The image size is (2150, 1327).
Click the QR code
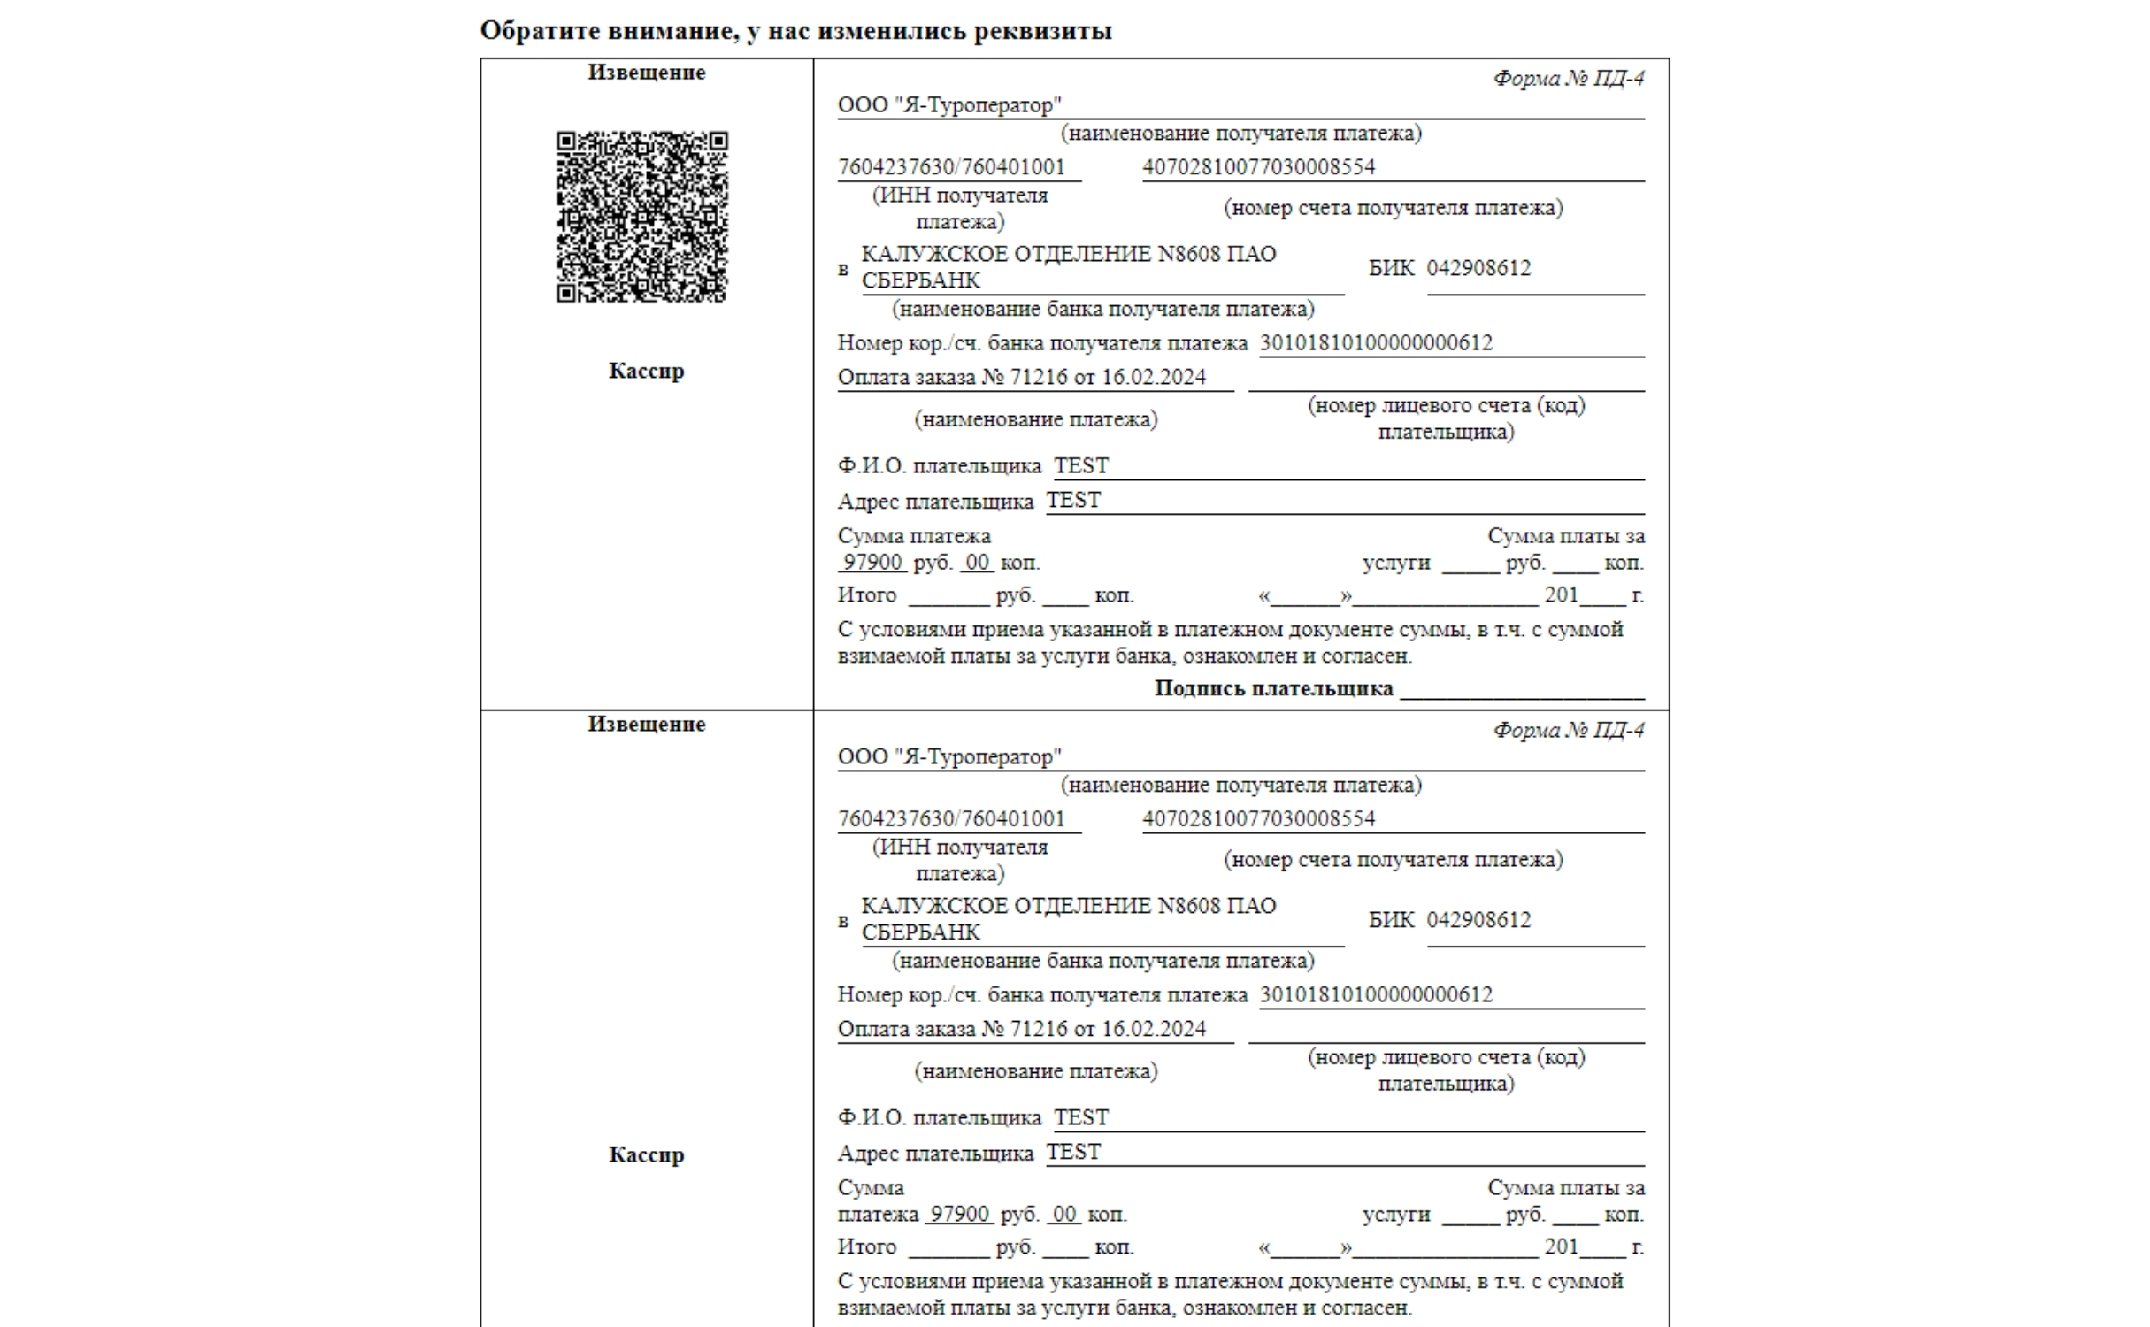642,217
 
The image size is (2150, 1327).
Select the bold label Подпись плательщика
1273,688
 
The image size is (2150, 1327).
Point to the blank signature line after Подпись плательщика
1522,693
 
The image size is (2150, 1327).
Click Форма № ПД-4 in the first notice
1568,79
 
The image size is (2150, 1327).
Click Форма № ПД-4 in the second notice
1568,731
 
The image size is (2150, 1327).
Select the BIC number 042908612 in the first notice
1478,268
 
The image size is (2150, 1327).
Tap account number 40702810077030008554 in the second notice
1258,819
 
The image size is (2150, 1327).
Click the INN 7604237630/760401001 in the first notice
951,167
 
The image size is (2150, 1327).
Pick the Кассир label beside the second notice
646,1155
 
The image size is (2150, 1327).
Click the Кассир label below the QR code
646,372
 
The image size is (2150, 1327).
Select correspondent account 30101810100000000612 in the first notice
1376,343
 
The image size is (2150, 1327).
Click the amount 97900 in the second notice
960,1215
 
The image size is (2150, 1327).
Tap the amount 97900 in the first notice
872,563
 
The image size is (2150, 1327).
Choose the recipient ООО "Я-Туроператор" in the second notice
949,757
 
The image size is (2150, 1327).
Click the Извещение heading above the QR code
646,73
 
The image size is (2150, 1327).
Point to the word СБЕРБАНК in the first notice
920,281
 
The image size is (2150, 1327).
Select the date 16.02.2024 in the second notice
1154,1030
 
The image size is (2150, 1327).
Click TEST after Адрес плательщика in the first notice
1073,501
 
